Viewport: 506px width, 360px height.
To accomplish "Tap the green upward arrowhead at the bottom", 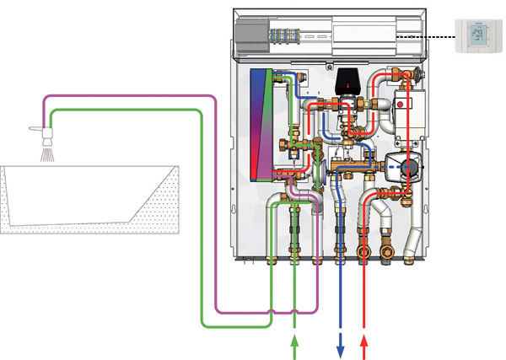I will [x=294, y=341].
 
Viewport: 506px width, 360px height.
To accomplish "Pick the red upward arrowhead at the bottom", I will [x=364, y=341].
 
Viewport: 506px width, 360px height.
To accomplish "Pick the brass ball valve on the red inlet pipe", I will [x=364, y=252].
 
